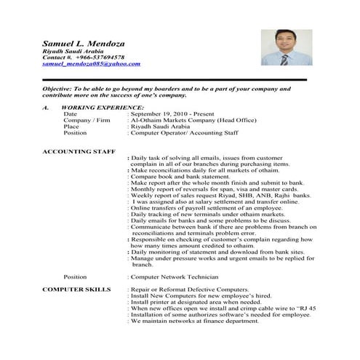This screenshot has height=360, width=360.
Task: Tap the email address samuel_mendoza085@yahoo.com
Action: pyautogui.click(x=92, y=64)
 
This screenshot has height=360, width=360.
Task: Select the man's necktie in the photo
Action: pyautogui.click(x=286, y=59)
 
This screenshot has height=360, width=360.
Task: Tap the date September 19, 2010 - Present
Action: pyautogui.click(x=178, y=114)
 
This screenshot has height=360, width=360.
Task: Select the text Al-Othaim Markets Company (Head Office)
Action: pyautogui.click(x=195, y=121)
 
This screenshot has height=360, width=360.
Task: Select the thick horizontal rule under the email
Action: pyautogui.click(x=174, y=79)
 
